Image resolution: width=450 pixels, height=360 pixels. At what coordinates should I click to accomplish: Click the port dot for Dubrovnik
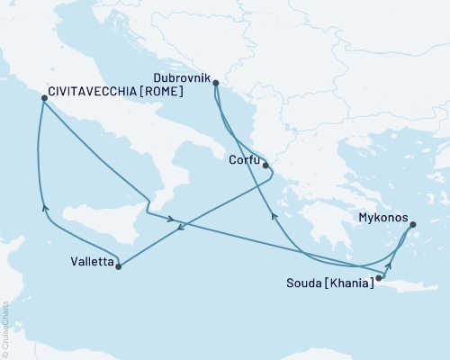[x=216, y=82]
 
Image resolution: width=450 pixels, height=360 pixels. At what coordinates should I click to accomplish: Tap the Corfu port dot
[x=265, y=166]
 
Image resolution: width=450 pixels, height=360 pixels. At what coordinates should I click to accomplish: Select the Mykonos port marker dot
[x=413, y=226]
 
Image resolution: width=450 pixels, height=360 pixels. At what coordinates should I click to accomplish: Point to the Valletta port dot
[x=119, y=266]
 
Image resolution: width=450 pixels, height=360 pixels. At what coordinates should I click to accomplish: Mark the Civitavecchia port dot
[x=42, y=101]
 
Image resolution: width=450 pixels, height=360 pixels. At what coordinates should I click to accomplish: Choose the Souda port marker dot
[x=379, y=278]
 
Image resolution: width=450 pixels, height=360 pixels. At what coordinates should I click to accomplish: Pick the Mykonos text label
[x=382, y=218]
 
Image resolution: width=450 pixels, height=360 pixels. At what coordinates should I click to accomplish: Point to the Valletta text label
[x=91, y=263]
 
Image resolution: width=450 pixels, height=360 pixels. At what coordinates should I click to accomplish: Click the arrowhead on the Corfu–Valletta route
[x=180, y=227]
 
